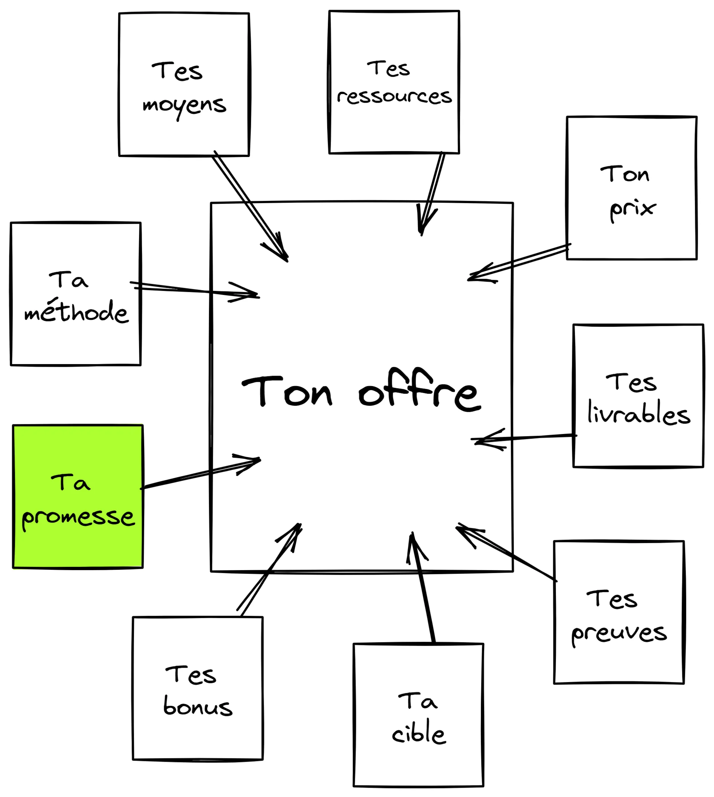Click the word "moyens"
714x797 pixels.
pos(184,106)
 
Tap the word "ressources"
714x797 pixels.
pos(394,97)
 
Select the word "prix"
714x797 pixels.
pos(633,209)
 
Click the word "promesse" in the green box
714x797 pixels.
pos(78,517)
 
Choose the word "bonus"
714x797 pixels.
pos(198,706)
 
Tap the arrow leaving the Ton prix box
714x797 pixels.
pos(518,262)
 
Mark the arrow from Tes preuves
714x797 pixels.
pos(506,553)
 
